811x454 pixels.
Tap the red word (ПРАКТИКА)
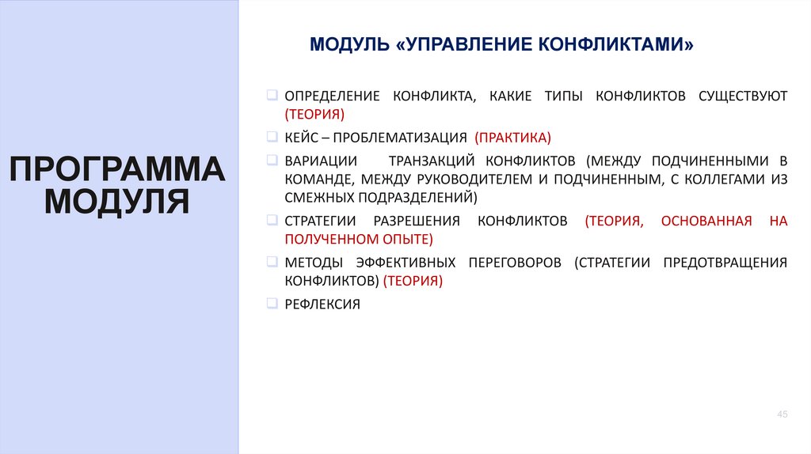point(512,137)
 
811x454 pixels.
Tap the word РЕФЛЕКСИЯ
point(322,304)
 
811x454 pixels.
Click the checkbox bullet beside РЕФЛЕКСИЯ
point(272,303)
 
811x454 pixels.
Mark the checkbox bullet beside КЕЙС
point(272,136)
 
